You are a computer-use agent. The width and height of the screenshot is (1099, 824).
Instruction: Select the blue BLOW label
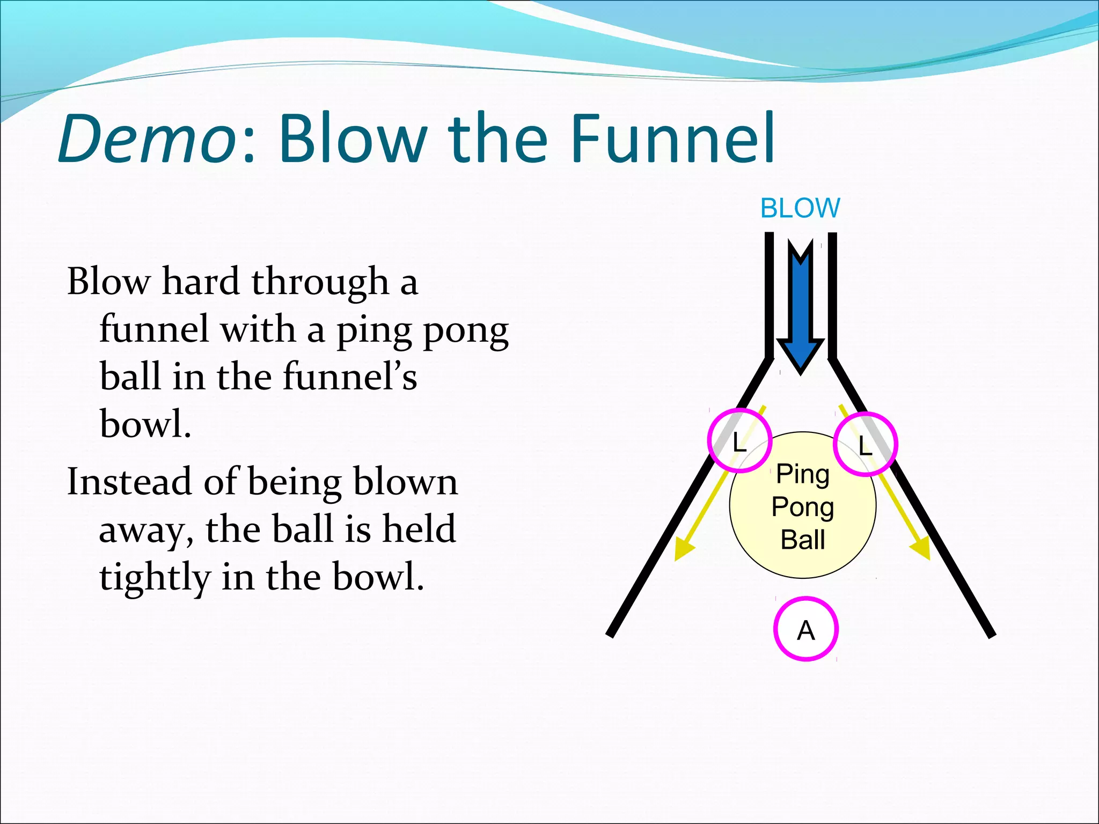[x=800, y=208]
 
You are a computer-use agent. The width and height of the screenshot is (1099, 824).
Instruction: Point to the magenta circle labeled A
[x=805, y=629]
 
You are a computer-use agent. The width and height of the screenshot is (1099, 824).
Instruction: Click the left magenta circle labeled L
[x=739, y=440]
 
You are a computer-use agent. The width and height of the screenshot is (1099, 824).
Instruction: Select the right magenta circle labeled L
[x=865, y=444]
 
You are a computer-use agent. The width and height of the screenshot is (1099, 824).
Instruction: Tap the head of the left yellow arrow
[x=683, y=550]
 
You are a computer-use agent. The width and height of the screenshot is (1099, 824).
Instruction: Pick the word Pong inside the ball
[x=803, y=507]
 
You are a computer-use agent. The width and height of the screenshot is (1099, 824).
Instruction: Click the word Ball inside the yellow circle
[x=803, y=540]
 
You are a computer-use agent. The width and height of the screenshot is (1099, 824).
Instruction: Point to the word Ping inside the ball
[x=803, y=474]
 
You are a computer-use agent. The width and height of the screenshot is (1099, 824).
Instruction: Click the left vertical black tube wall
[x=769, y=295]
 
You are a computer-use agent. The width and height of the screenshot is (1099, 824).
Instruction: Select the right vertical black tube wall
[x=832, y=295]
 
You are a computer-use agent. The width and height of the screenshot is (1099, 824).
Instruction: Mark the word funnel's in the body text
[x=350, y=376]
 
